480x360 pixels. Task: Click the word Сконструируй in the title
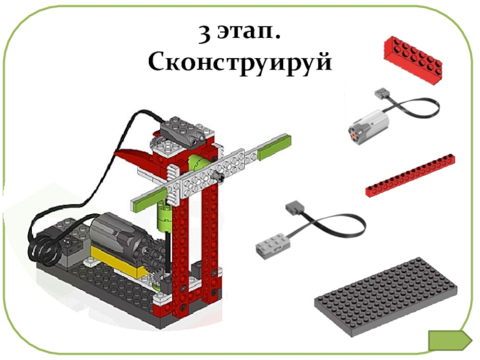239,63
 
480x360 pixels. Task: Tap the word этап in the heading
248,32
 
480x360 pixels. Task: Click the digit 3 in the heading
205,33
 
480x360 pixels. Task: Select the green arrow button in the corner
449,340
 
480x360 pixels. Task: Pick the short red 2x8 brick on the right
413,59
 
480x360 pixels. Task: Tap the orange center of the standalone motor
354,133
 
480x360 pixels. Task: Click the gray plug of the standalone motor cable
380,94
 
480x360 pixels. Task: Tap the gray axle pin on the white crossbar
218,176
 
